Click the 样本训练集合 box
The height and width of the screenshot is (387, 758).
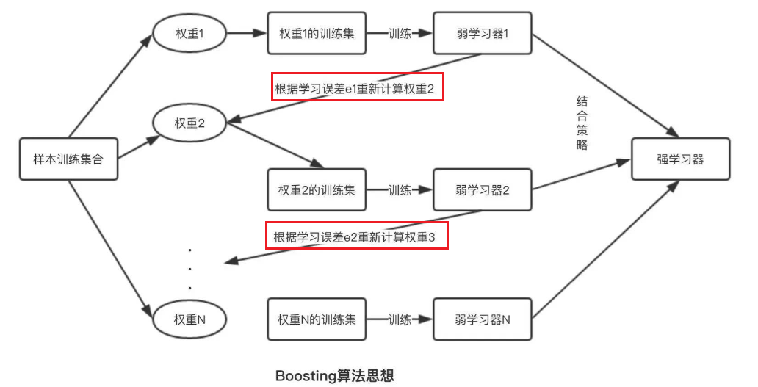[x=68, y=159]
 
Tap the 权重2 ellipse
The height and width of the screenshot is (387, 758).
[x=189, y=123]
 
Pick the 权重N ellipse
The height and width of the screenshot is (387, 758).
[x=189, y=319]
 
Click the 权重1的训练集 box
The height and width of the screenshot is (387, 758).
[x=317, y=33]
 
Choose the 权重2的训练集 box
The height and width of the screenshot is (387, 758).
[x=317, y=190]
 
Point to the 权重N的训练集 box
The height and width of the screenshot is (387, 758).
[x=317, y=319]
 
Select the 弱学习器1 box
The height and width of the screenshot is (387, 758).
[x=482, y=33]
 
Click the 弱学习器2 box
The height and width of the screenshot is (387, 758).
[x=482, y=190]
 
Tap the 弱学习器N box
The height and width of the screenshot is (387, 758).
[x=482, y=319]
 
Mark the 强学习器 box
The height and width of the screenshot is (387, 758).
[x=680, y=159]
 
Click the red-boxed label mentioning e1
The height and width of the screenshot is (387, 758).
[x=358, y=87]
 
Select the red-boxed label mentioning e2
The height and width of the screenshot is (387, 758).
[x=356, y=236]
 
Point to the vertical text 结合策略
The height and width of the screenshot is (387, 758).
[x=582, y=123]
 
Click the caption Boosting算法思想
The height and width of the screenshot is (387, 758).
[x=335, y=376]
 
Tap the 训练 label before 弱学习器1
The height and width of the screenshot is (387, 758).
[x=399, y=33]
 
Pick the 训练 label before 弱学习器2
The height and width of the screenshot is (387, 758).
[x=399, y=190]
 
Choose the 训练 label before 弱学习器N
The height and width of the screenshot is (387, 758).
[x=399, y=319]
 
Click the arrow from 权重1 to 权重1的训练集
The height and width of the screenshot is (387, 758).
[x=246, y=33]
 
